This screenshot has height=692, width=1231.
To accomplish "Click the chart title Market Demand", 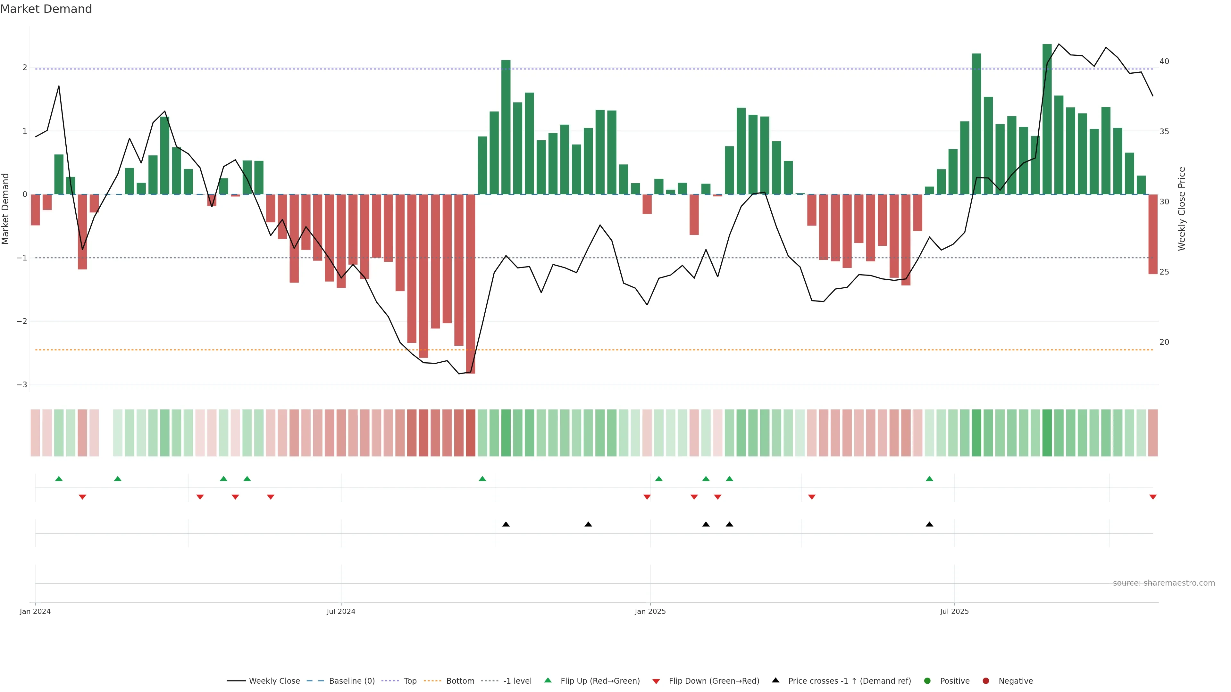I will (46, 9).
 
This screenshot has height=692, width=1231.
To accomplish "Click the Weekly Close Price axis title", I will (1182, 209).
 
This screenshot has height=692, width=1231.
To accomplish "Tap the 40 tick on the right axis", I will (1164, 62).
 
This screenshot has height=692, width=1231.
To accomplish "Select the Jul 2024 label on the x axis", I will (341, 611).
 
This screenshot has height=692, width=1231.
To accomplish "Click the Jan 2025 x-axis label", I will (650, 611).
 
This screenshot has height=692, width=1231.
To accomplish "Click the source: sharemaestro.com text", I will (1164, 583).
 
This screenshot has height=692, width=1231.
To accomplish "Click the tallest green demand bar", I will (1047, 119).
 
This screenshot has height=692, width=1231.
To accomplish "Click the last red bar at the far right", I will (1153, 234).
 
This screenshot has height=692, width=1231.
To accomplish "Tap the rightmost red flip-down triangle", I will (1153, 497).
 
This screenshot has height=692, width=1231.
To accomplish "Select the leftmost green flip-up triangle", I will (59, 479).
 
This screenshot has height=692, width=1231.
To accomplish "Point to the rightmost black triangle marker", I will (929, 524).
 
